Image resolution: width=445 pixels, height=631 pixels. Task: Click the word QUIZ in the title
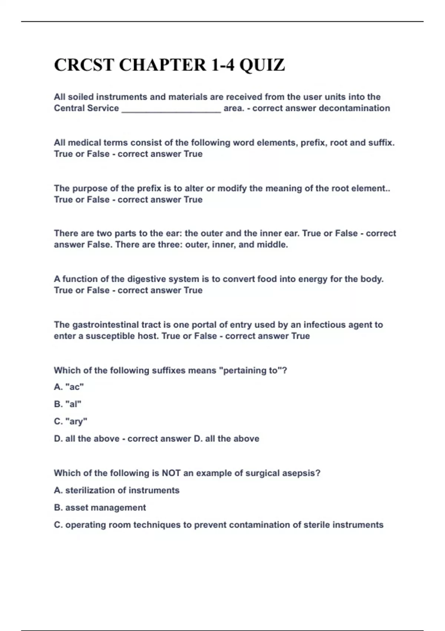click(262, 65)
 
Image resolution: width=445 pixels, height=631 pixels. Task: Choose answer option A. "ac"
click(69, 387)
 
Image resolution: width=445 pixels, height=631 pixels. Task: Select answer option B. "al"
click(67, 404)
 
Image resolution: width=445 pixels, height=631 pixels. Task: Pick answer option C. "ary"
click(70, 422)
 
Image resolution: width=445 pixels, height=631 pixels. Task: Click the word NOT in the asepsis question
click(171, 473)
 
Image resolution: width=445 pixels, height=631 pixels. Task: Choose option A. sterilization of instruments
click(116, 490)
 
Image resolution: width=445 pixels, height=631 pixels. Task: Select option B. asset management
click(100, 508)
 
